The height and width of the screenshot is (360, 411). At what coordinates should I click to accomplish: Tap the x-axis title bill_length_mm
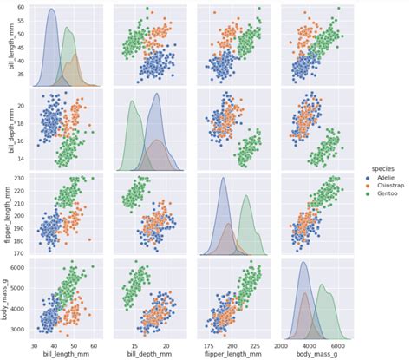pyautogui.click(x=67, y=354)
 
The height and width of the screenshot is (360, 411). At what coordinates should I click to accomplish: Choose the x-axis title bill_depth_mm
pyautogui.click(x=150, y=354)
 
